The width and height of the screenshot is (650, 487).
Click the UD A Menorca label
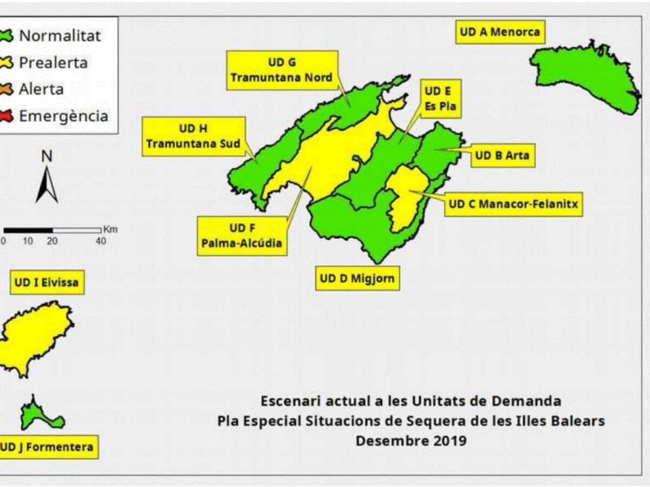pos(499,32)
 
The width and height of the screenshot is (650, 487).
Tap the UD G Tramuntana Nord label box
pos(282,70)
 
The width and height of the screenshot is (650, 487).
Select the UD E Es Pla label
pos(440,99)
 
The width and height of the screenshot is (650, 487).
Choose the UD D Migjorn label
pos(357,279)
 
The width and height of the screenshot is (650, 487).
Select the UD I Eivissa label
pos(47,282)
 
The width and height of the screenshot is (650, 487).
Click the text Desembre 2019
pos(411,440)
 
